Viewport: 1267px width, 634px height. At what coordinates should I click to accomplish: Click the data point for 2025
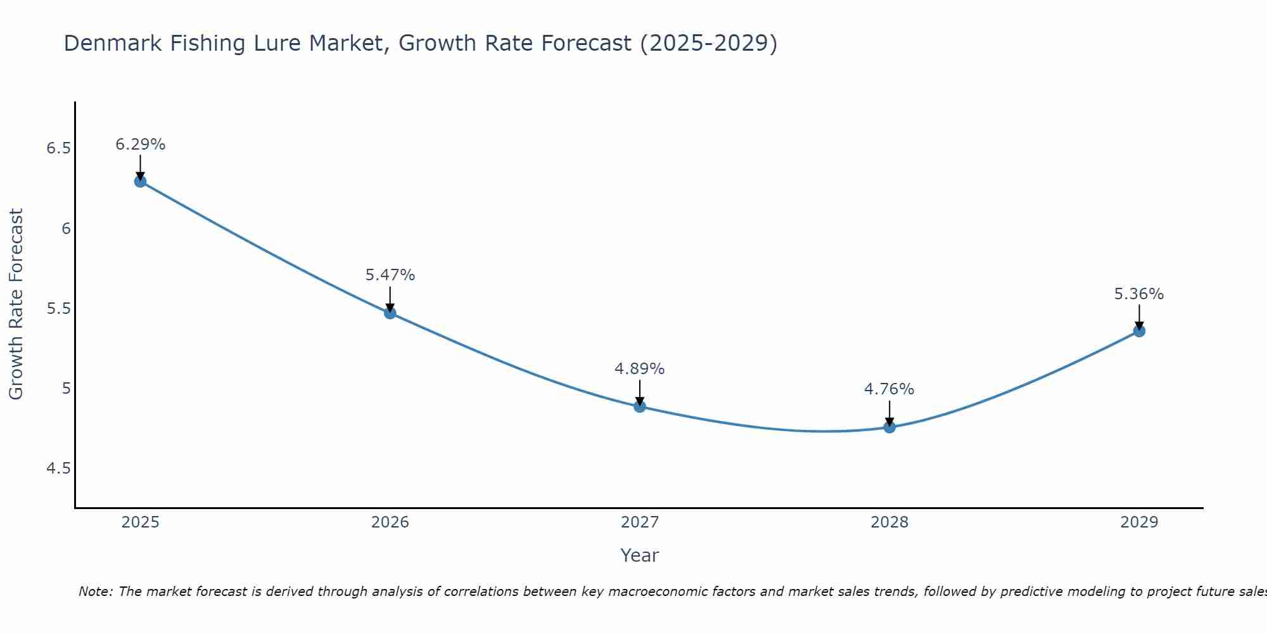140,181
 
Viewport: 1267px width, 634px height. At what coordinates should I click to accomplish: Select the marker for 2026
390,313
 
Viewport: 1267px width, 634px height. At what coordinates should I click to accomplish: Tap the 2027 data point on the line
639,406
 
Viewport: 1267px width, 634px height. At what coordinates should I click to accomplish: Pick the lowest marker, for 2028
889,427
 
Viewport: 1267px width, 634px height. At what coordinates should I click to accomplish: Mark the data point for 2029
1139,331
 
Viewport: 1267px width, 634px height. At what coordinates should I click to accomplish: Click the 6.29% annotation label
140,145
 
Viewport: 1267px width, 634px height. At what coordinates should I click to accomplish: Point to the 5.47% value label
390,275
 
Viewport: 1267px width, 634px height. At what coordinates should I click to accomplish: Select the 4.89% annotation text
639,369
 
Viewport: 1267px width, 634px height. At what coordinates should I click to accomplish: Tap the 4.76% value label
889,389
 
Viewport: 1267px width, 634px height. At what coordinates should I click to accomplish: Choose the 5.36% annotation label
1138,294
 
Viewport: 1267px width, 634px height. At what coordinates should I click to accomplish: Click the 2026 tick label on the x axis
390,522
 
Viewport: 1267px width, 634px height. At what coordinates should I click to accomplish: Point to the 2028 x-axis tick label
889,522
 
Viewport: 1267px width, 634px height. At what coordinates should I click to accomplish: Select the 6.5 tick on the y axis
58,148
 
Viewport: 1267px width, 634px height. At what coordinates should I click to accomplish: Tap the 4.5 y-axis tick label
58,469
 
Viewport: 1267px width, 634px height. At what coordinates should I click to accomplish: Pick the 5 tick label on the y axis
66,388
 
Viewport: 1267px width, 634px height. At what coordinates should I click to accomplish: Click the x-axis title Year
639,555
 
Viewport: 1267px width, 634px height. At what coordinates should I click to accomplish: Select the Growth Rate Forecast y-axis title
16,304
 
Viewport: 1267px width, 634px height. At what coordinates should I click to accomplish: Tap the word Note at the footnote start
95,592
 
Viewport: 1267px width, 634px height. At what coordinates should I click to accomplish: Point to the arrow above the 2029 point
1139,317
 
